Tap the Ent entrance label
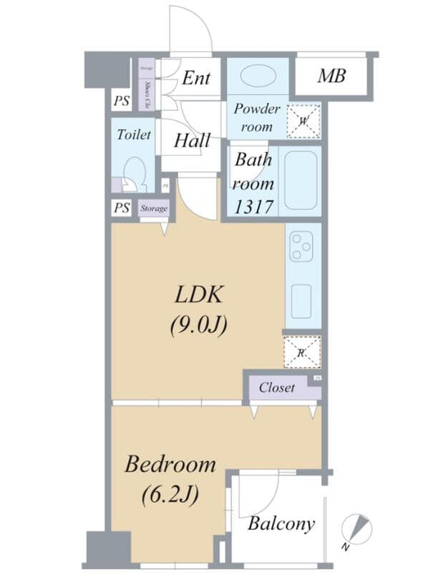coord(195,77)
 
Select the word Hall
coord(192,140)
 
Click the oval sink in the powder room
coord(258,77)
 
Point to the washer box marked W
coord(303,121)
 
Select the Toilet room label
coord(134,134)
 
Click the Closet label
coord(276,387)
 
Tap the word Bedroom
coord(170,464)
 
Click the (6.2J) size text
coord(170,494)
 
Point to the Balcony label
coord(281,524)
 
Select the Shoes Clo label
coord(147,95)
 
